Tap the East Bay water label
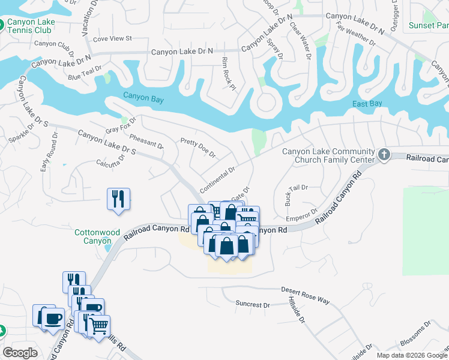[367, 104]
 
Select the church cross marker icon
[384, 155]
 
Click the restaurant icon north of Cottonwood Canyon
[118, 198]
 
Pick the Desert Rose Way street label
[306, 294]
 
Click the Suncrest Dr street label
[253, 304]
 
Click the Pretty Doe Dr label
[197, 148]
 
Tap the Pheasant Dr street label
[146, 141]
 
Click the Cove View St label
[112, 38]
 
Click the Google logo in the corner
[20, 353]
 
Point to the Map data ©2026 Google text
[412, 355]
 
